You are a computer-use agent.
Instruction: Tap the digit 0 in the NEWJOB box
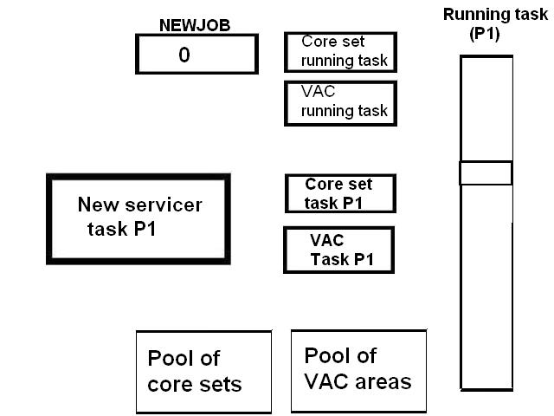point(184,55)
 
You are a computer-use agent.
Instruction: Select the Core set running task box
point(340,52)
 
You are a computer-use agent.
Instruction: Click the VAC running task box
point(340,102)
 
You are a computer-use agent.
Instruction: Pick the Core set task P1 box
point(340,193)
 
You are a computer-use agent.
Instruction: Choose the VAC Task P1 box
point(339,250)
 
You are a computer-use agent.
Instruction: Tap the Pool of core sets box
point(203,371)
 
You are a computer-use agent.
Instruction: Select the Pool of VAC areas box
point(358,369)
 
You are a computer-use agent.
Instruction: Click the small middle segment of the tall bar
point(486,172)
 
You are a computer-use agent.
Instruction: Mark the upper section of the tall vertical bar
point(486,108)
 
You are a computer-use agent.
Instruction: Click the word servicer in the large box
point(164,205)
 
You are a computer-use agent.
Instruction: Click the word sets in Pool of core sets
point(219,384)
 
